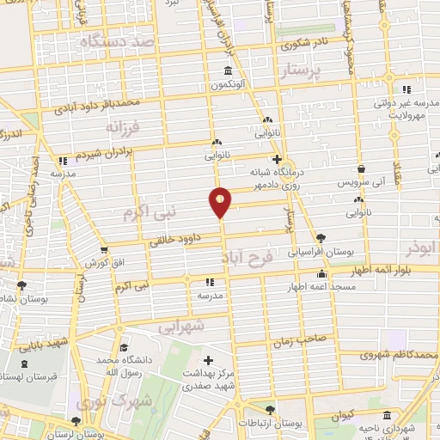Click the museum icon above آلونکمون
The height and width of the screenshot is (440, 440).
tap(228, 70)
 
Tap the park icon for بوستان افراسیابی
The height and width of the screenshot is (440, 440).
tap(321, 238)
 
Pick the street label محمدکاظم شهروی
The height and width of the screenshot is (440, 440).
tap(393, 352)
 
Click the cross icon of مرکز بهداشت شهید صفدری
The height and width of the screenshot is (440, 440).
tap(208, 359)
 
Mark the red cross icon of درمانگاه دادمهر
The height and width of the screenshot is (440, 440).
tap(276, 160)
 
